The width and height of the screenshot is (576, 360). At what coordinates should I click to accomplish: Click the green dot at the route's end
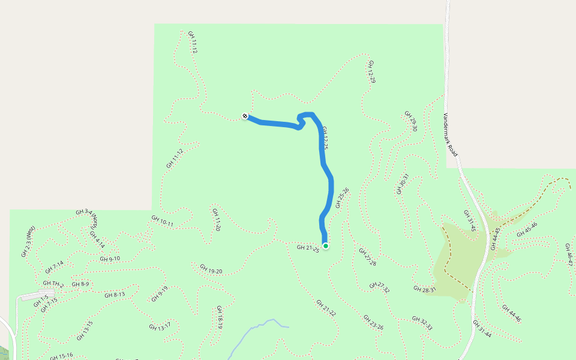(x=325, y=245)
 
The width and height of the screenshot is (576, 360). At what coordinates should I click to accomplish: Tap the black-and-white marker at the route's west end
(x=245, y=116)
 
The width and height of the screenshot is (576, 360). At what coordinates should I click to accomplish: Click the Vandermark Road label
(x=451, y=135)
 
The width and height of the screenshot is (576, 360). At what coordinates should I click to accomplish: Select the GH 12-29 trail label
(x=372, y=71)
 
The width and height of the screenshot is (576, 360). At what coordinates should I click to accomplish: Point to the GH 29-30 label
(x=410, y=121)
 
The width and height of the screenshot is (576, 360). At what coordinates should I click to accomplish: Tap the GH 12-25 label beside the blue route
(x=325, y=138)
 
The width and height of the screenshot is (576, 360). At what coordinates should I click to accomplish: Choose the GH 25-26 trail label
(x=342, y=197)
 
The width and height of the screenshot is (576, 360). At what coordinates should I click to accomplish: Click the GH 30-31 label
(x=402, y=184)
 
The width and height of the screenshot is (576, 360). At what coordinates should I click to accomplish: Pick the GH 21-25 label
(x=308, y=248)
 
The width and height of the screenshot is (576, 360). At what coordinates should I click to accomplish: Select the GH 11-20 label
(x=217, y=220)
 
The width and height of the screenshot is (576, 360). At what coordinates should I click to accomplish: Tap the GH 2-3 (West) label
(x=28, y=241)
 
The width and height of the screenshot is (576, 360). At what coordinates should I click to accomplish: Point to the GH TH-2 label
(x=53, y=283)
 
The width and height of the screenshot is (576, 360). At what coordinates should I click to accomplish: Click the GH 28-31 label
(x=425, y=289)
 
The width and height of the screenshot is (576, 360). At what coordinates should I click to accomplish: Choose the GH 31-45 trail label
(x=469, y=221)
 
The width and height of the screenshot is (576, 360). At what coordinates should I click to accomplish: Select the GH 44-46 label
(x=511, y=313)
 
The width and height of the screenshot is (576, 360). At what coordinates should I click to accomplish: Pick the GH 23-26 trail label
(x=373, y=322)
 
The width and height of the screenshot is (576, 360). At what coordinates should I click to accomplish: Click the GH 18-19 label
(x=220, y=317)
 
